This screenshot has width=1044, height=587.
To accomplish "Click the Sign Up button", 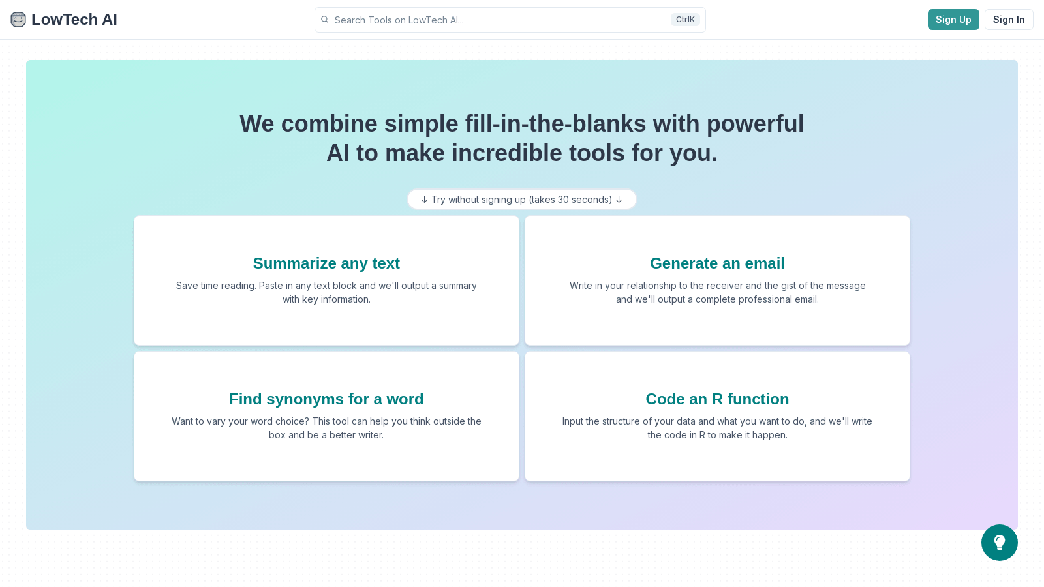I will point(953,20).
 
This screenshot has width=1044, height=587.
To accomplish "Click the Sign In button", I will point(1008,20).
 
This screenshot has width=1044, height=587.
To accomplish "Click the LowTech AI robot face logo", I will point(18,20).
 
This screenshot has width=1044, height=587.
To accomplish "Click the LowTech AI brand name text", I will point(74,20).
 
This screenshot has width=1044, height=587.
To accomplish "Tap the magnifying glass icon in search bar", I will point(325,20).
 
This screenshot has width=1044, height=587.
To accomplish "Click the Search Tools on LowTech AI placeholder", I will point(399,20).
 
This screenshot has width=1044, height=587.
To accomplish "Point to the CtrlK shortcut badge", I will point(684,20).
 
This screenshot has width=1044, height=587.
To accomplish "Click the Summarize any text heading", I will point(326,263).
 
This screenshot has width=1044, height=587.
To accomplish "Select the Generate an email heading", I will point(717,263).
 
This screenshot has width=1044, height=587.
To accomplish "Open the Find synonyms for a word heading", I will point(326,399).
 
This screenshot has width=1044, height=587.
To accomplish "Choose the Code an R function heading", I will point(717,399).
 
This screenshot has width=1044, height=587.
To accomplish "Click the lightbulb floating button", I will point(999,543).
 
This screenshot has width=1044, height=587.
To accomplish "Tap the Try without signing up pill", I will point(521,200).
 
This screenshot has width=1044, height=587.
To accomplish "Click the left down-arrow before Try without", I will point(424,200).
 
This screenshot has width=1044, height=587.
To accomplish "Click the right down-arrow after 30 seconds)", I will point(619,200).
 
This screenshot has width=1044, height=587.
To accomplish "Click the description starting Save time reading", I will point(326,292).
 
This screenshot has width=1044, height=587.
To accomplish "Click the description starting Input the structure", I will point(717,428).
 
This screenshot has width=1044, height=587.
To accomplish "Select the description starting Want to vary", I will point(326,428).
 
